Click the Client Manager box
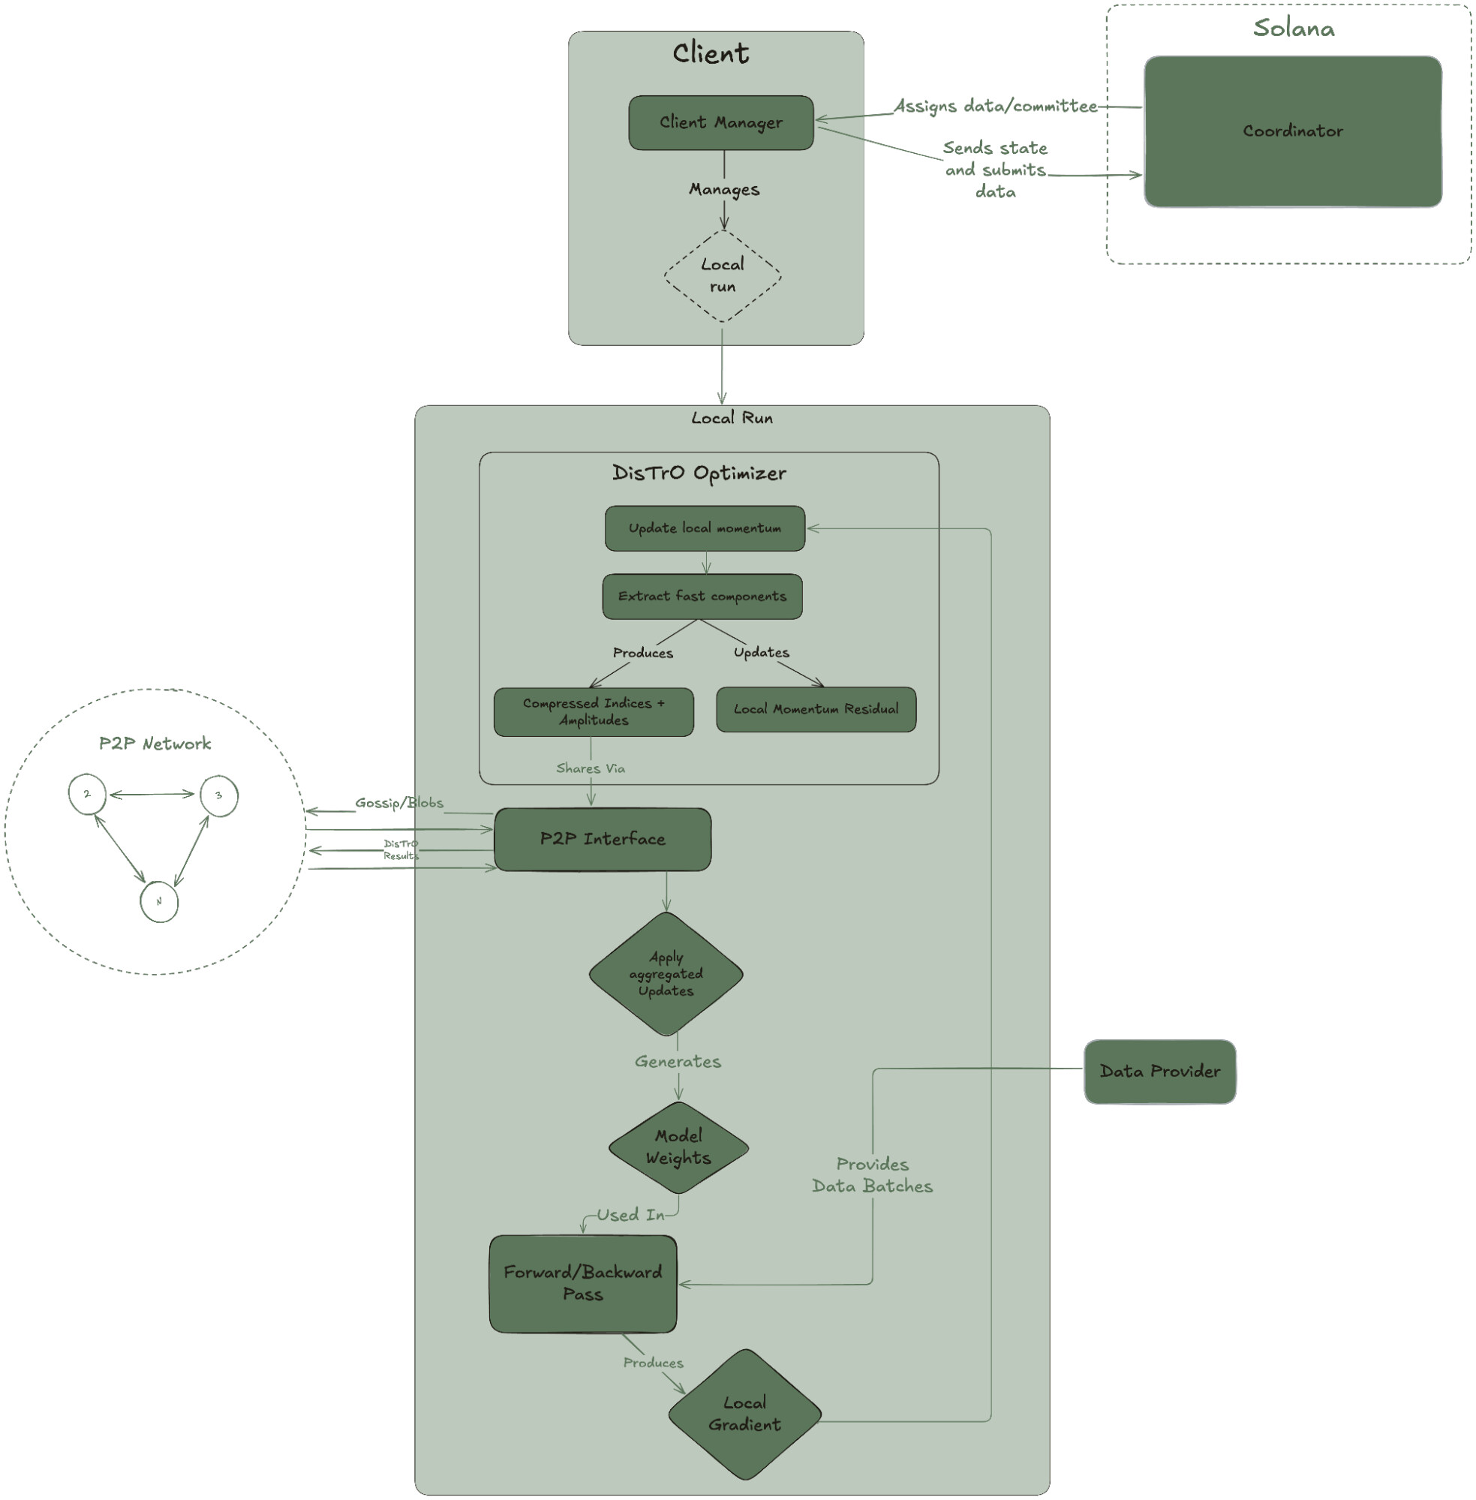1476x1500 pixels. [721, 122]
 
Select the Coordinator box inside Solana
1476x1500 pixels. [1293, 131]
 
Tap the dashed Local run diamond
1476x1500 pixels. [723, 276]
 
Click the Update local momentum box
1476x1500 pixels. [705, 529]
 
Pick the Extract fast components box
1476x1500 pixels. [702, 596]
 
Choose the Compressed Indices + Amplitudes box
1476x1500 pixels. [594, 711]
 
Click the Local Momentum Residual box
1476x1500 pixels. [816, 709]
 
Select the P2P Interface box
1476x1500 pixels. [603, 840]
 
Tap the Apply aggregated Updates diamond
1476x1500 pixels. [666, 974]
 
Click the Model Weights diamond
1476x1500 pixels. [678, 1147]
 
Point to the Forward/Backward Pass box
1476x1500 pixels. [583, 1284]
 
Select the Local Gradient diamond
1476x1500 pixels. [744, 1414]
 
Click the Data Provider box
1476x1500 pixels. [1160, 1072]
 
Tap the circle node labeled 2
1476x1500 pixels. [87, 794]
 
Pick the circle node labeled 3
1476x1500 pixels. [218, 795]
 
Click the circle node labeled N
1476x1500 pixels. [159, 901]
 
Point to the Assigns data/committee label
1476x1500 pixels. [995, 107]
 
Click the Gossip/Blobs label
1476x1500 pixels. [399, 803]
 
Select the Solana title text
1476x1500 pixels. [1294, 29]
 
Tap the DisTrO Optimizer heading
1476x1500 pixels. [699, 473]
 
